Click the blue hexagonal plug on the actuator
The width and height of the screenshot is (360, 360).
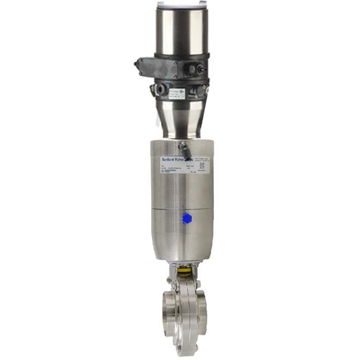(x=187, y=218)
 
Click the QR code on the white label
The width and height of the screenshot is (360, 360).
(x=202, y=165)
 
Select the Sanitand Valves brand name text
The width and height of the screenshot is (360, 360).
(x=171, y=160)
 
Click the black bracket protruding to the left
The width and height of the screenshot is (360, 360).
(x=140, y=66)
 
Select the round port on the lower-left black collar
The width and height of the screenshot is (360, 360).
(x=162, y=90)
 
